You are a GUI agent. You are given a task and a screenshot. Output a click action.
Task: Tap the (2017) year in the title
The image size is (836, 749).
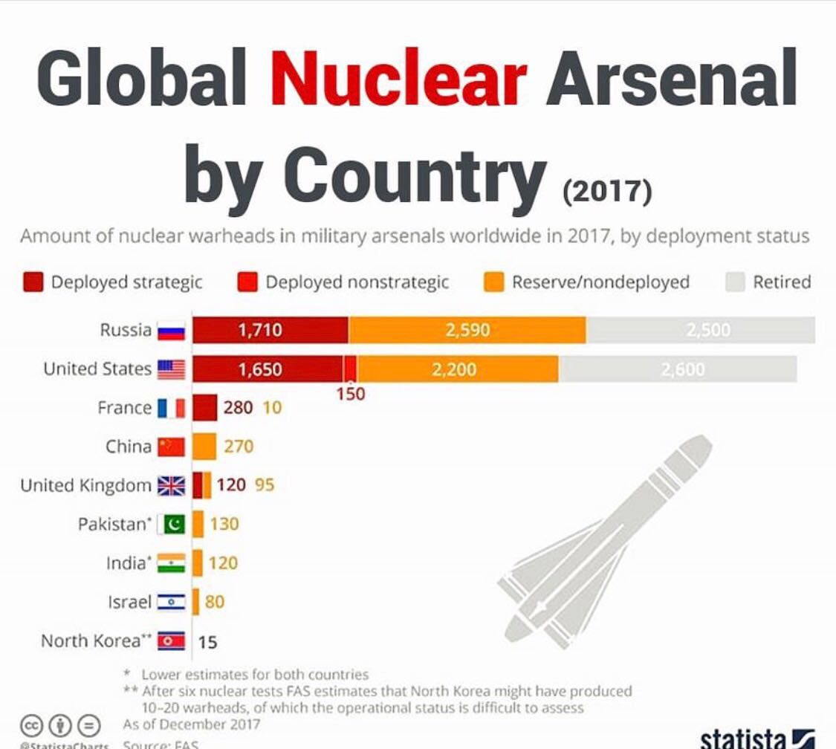[606, 190]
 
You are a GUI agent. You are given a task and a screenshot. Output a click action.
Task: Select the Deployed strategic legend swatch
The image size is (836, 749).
[33, 282]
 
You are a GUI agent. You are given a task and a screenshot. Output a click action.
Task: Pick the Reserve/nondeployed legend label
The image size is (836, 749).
[600, 282]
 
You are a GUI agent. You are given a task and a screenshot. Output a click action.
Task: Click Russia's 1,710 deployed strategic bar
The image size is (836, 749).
[270, 329]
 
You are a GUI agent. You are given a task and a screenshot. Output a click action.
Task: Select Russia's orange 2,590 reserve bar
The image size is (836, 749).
[467, 329]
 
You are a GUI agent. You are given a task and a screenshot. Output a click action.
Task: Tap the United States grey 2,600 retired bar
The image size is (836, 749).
[678, 369]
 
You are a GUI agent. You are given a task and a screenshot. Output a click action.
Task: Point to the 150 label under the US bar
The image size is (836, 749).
[351, 394]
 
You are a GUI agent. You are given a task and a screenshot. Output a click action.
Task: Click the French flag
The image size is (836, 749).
[171, 408]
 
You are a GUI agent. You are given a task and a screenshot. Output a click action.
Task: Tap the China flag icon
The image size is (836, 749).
[171, 447]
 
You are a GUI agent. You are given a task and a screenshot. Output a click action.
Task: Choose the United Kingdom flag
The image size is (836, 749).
[171, 486]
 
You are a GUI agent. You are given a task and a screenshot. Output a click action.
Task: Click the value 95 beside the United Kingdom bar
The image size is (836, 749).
[265, 485]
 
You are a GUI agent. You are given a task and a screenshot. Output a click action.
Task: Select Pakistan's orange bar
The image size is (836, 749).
[198, 524]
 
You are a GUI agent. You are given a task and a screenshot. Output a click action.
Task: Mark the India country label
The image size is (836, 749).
[126, 563]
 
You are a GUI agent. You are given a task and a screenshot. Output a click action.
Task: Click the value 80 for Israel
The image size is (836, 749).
[214, 602]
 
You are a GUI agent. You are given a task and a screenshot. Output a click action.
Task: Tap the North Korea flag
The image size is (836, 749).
[171, 641]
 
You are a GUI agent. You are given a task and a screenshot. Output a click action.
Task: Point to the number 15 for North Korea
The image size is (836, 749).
[208, 641]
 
